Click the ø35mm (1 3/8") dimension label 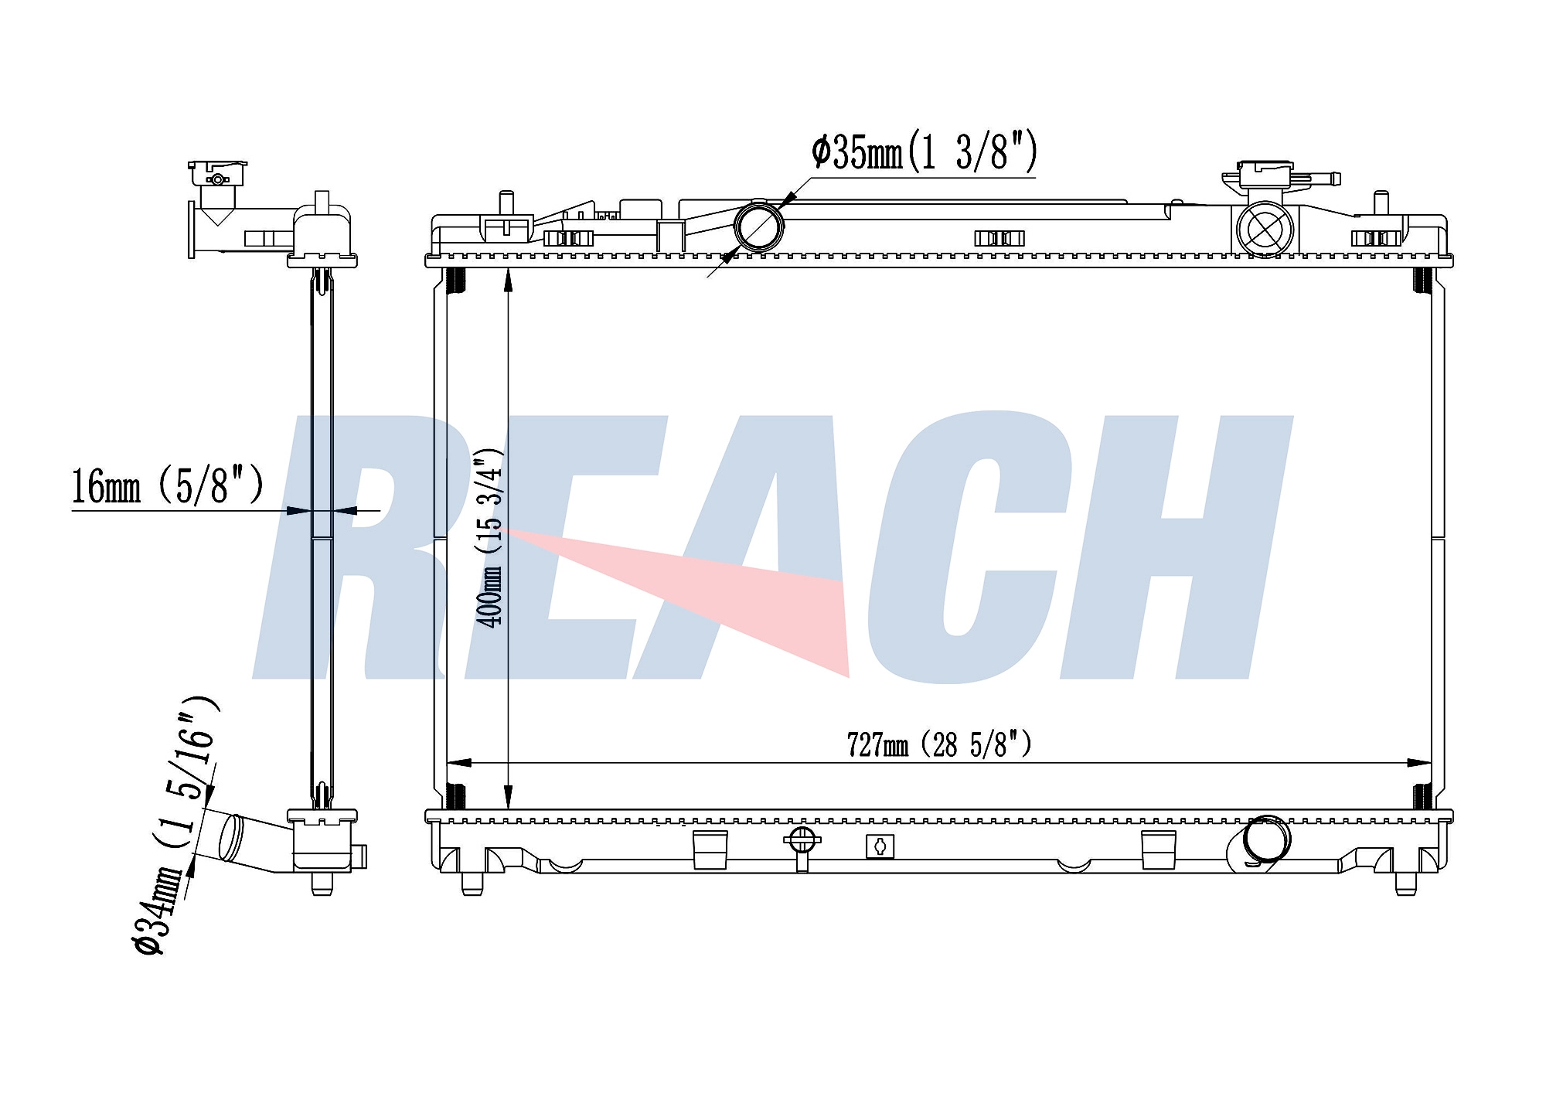pos(924,152)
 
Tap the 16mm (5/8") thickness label pos(168,485)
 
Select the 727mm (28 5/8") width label pos(939,744)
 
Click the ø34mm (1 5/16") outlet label pos(176,826)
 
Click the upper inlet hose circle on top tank pos(759,226)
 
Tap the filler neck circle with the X pos(1265,228)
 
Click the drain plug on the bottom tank pos(802,844)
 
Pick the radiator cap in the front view pos(1265,176)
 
